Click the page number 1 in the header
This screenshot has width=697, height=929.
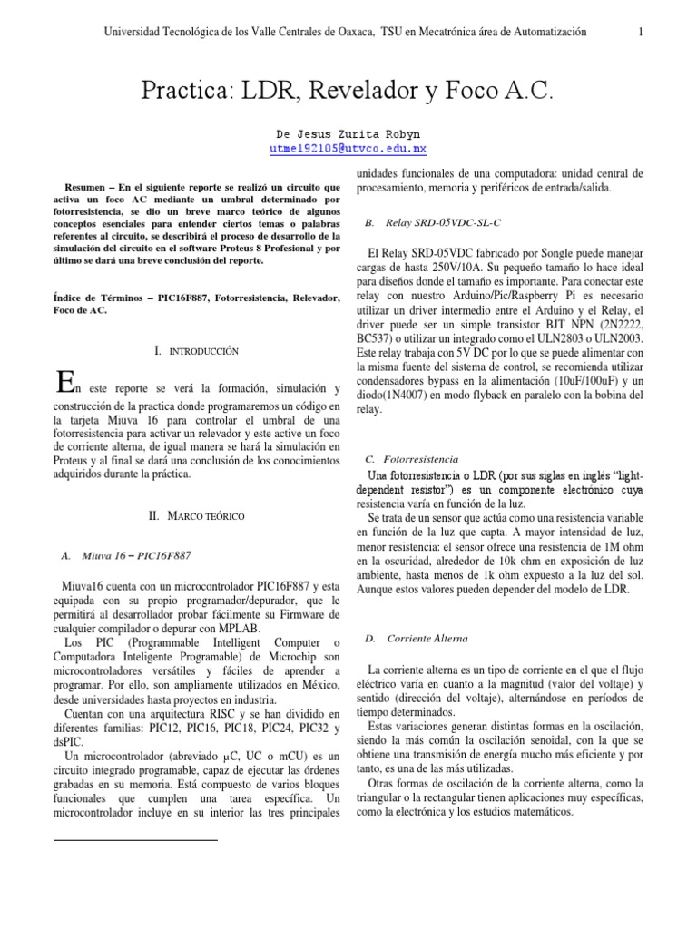641,33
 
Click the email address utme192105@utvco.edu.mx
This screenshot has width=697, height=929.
348,148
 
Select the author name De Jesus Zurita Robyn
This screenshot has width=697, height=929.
348,132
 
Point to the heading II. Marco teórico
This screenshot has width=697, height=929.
196,515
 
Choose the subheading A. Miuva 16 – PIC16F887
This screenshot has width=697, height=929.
126,554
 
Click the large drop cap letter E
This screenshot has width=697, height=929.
64,383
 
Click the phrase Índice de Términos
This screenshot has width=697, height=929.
102,298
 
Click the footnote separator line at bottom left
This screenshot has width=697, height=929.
136,840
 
